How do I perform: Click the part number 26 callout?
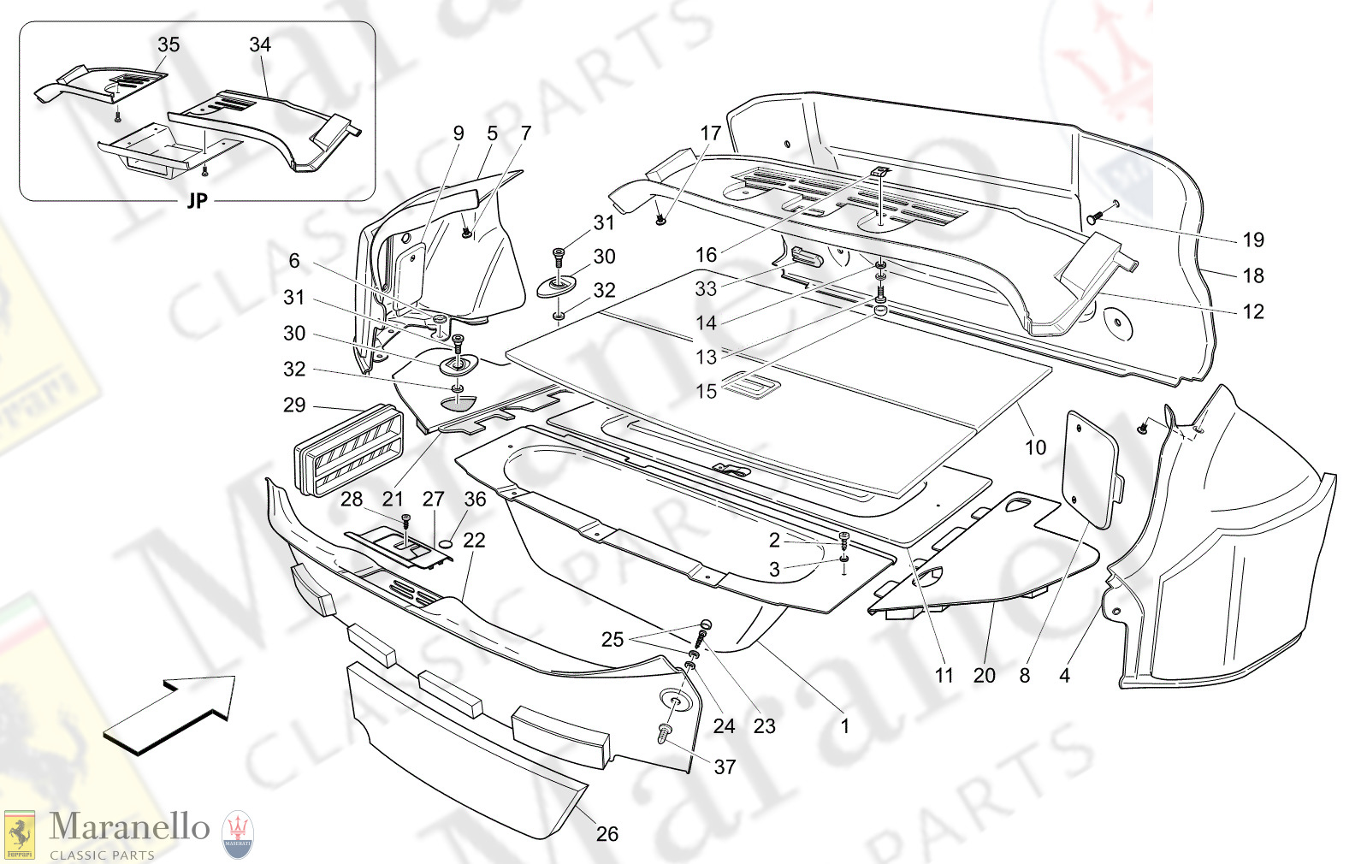[x=607, y=833]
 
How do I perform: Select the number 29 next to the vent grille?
[x=294, y=405]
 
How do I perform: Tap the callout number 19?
[x=1253, y=240]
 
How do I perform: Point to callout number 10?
[x=1035, y=447]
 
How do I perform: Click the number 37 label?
[x=725, y=766]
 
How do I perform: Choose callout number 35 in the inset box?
[x=169, y=44]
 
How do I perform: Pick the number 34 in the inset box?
[x=260, y=44]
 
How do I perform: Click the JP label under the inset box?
[x=197, y=201]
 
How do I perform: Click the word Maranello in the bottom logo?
[x=129, y=827]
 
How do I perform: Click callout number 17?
[x=711, y=133]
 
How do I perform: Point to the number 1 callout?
[x=845, y=726]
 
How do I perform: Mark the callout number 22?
[x=474, y=540]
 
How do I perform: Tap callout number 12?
[x=1253, y=311]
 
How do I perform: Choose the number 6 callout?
[x=294, y=261]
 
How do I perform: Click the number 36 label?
[x=475, y=499]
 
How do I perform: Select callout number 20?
[x=985, y=675]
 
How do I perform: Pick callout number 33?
[x=706, y=288]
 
